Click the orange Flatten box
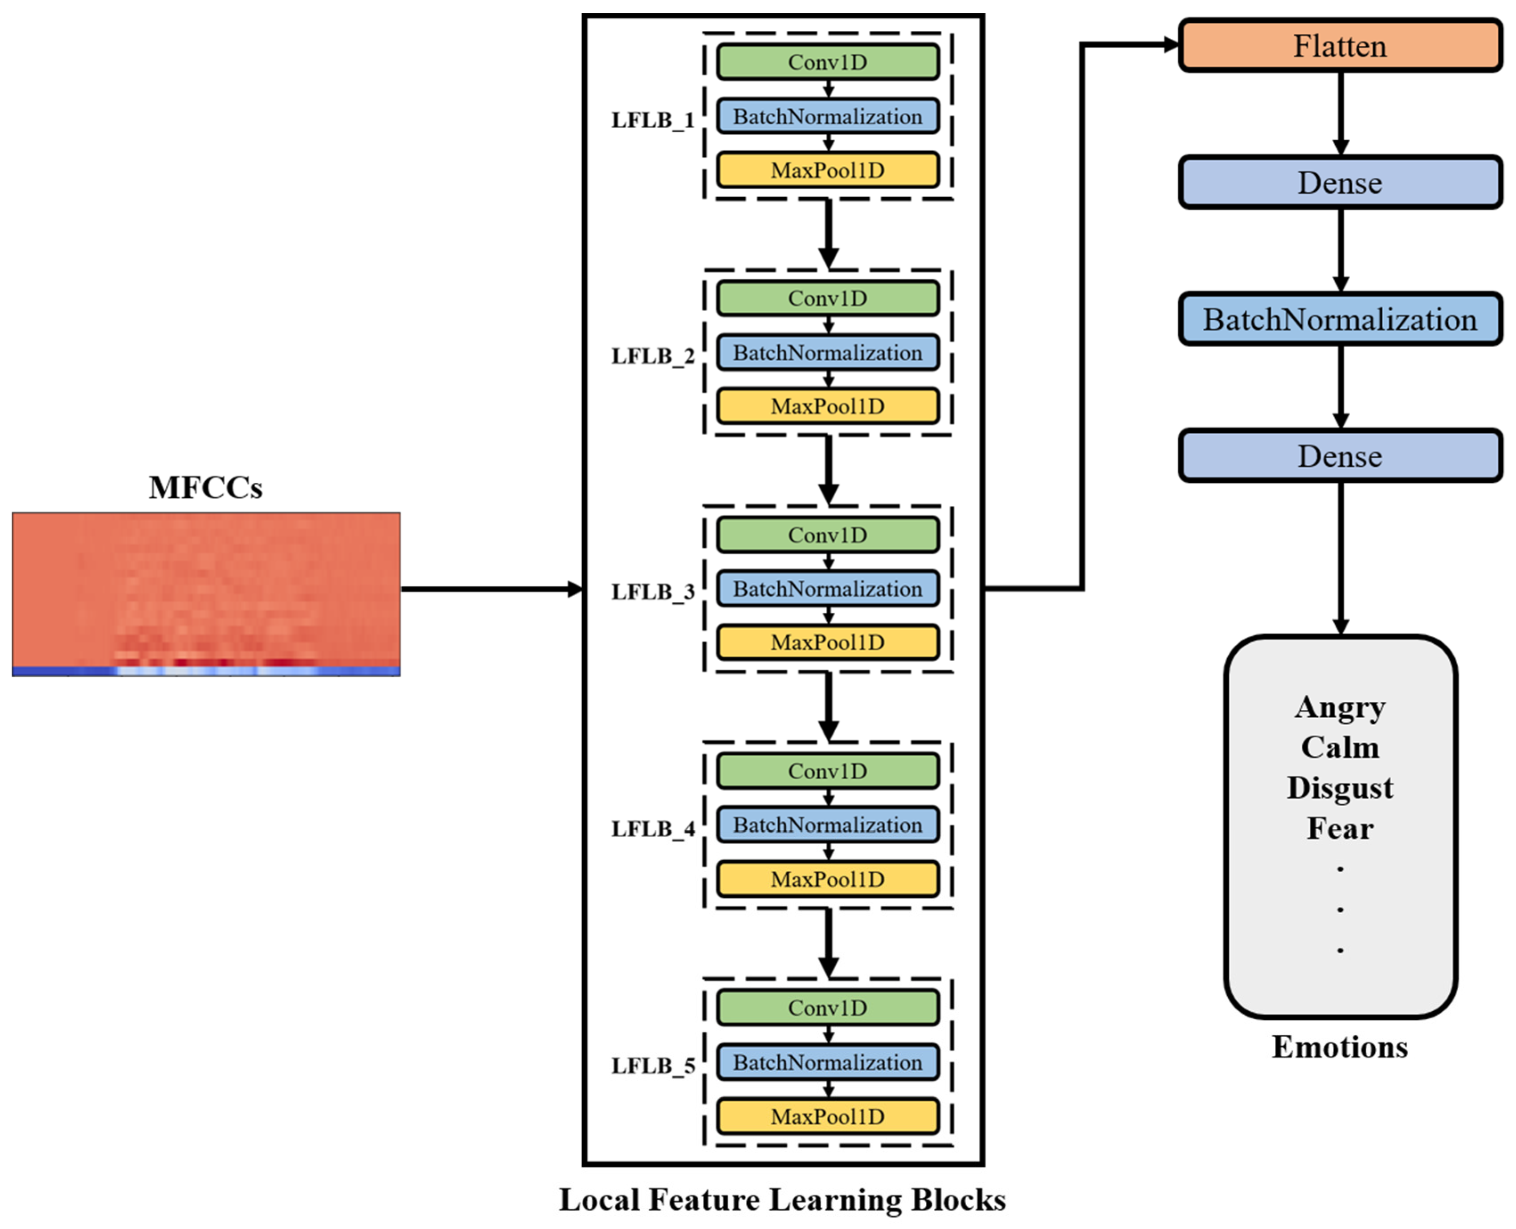pyautogui.click(x=1340, y=46)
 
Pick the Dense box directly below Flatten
pyautogui.click(x=1340, y=183)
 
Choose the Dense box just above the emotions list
pyautogui.click(x=1340, y=456)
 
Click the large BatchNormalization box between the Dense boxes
pyautogui.click(x=1340, y=319)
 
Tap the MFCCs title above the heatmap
pyautogui.click(x=205, y=488)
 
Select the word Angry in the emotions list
pyautogui.click(x=1340, y=707)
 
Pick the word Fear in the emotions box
pyautogui.click(x=1340, y=828)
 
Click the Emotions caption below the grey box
pyautogui.click(x=1340, y=1047)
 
